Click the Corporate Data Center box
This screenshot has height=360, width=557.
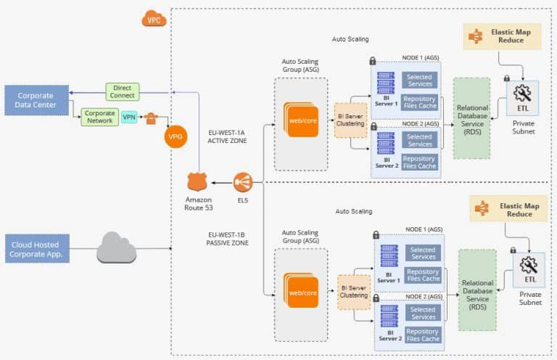(x=36, y=99)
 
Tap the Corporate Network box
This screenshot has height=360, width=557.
(x=99, y=117)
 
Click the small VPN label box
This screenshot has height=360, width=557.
(x=129, y=117)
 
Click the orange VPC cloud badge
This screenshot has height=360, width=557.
(x=154, y=19)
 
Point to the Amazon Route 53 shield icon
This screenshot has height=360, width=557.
(x=198, y=182)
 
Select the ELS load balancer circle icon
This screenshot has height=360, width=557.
(x=243, y=182)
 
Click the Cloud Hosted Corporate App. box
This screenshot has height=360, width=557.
(x=36, y=249)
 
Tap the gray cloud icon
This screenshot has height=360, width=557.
(x=116, y=248)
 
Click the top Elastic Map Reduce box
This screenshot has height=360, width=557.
(x=503, y=36)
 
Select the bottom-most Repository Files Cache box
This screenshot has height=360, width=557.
(x=423, y=335)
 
